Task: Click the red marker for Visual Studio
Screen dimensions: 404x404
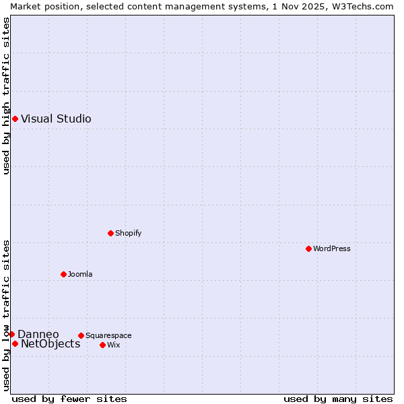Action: click(15, 119)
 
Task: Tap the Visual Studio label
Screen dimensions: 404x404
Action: click(56, 119)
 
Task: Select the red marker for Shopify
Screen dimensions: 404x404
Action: click(110, 234)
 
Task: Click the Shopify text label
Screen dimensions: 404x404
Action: click(128, 234)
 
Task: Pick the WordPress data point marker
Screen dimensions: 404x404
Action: click(308, 249)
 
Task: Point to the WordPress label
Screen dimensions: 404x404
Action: click(331, 249)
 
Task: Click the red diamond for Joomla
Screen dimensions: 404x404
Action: click(63, 275)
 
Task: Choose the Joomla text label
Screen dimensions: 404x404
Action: click(80, 275)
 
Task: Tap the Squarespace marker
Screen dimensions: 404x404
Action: click(81, 336)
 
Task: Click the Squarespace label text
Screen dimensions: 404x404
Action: click(108, 336)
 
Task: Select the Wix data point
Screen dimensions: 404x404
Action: click(102, 345)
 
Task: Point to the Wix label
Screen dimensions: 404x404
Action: click(114, 345)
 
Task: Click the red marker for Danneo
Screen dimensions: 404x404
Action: click(11, 335)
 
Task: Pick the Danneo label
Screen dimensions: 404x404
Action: click(38, 335)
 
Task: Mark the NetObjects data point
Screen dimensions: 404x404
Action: click(15, 344)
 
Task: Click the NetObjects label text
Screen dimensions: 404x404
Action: click(50, 344)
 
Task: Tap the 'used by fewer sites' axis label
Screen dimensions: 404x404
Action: click(69, 399)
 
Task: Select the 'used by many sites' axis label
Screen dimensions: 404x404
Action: click(338, 399)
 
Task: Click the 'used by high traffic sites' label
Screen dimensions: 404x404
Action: click(6, 96)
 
